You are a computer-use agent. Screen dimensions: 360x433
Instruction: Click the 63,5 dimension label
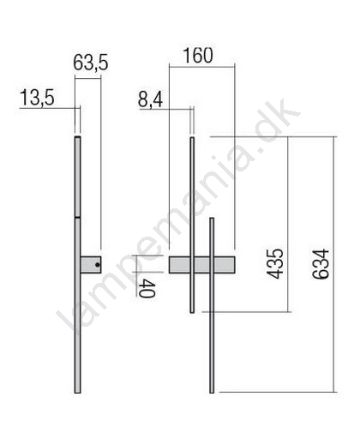coord(91,63)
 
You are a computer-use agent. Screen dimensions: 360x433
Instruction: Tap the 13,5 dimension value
coord(37,98)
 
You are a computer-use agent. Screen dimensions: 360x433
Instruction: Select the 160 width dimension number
coord(198,56)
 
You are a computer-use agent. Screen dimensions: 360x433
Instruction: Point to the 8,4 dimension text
coord(151,99)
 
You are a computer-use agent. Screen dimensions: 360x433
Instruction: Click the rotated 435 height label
coord(275,264)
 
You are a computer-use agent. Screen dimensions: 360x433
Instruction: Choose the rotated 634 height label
coord(321,264)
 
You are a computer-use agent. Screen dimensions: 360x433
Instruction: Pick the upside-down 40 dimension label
coord(147,289)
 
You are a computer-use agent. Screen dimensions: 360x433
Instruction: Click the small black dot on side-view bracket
coord(98,265)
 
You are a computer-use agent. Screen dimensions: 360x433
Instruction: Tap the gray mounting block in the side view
coord(91,265)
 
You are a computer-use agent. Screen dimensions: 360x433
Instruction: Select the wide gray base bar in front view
coord(202,265)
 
